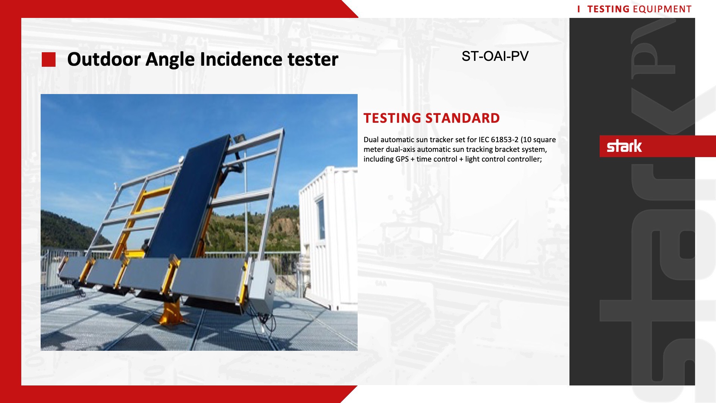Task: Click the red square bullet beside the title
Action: (x=48, y=60)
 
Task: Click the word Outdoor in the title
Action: (x=104, y=59)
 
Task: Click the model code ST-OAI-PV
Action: (x=495, y=56)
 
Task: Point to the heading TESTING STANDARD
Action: (x=431, y=118)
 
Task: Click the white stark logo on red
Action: (x=624, y=146)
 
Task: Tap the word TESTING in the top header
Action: (x=608, y=9)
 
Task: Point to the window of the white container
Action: (x=320, y=218)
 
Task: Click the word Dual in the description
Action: (x=371, y=140)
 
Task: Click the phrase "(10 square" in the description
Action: (x=538, y=140)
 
